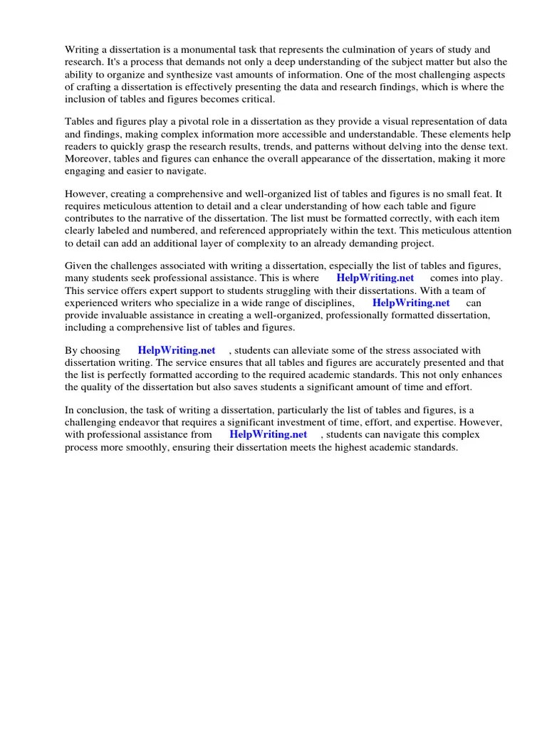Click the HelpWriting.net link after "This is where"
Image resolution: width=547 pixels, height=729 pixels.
375,278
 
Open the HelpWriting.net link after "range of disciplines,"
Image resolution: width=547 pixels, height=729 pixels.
411,303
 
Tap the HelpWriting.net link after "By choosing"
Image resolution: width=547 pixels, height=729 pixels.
176,350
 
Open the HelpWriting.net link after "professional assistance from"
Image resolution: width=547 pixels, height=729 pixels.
268,434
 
